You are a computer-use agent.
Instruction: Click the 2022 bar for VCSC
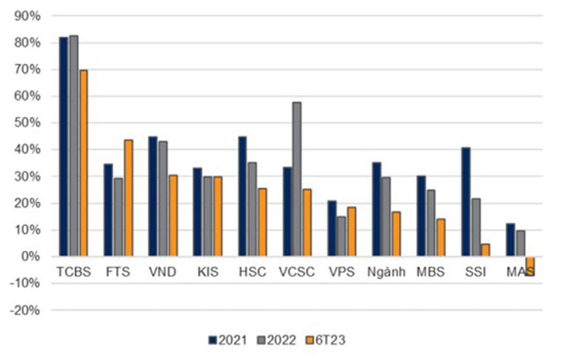pos(297,179)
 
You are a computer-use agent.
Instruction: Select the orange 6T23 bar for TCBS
pos(83,163)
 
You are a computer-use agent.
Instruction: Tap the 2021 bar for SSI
pos(465,202)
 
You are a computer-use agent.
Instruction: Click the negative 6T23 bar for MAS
pos(530,266)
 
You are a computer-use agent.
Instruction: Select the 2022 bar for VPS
pos(340,236)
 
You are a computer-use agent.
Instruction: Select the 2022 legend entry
pos(272,339)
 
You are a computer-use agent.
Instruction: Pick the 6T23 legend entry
pos(318,339)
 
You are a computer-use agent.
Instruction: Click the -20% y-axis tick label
pos(25,310)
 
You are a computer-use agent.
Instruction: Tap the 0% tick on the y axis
pos(31,256)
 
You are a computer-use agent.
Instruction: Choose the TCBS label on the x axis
pos(73,272)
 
